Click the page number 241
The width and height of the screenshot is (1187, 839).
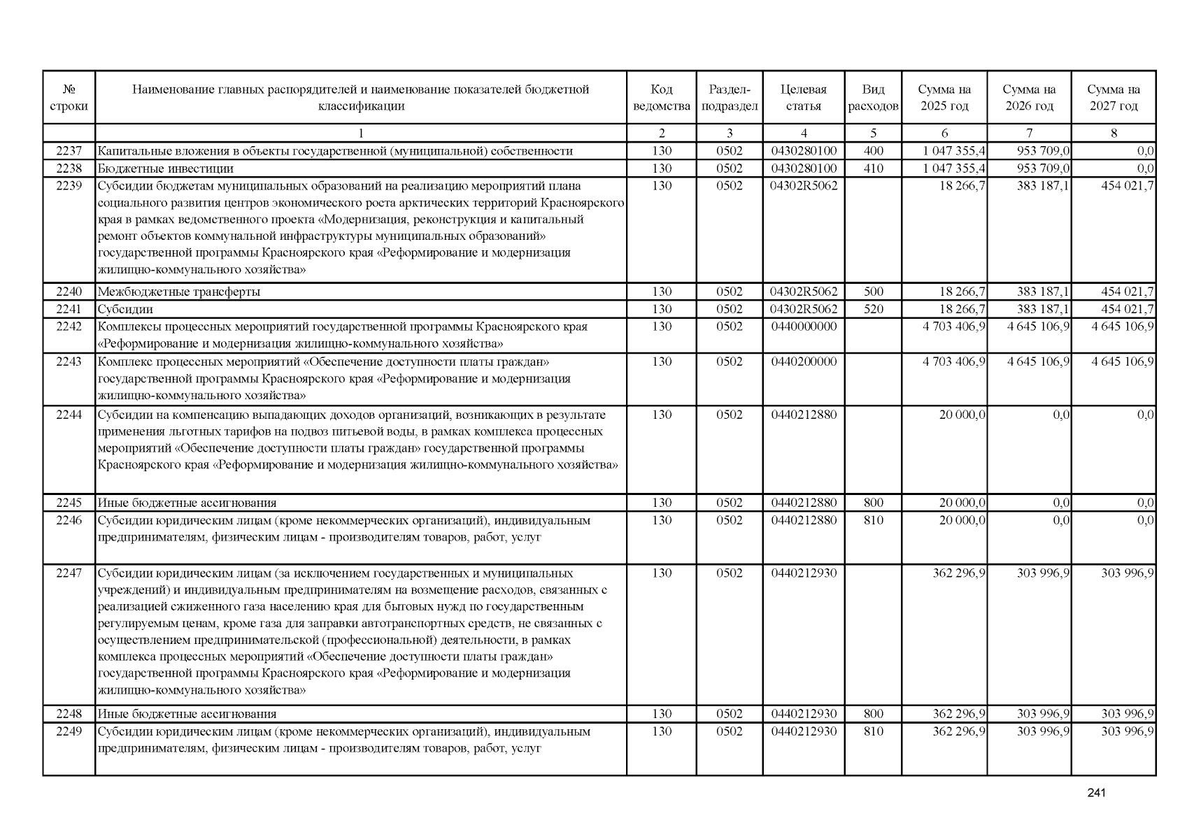click(x=1096, y=793)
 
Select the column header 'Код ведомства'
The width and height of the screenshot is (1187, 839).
click(x=661, y=98)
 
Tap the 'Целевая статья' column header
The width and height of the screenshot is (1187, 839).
click(x=803, y=98)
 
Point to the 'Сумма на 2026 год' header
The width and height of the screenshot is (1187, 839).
click(x=1029, y=98)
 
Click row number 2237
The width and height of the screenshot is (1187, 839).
click(x=69, y=151)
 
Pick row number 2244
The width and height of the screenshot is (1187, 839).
click(x=69, y=415)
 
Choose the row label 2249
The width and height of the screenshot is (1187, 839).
click(x=69, y=731)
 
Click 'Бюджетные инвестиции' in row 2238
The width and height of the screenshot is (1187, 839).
click(x=166, y=168)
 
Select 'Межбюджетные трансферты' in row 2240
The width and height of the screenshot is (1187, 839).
click(x=178, y=292)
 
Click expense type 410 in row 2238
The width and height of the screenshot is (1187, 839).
click(x=873, y=168)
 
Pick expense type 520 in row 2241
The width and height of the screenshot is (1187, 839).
click(x=873, y=309)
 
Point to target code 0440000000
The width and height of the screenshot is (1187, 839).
click(x=804, y=327)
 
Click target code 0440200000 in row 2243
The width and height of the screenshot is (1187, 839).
click(x=804, y=361)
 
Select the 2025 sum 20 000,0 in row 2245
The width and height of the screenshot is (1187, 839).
click(x=962, y=503)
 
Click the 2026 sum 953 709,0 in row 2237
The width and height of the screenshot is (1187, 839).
click(x=1043, y=151)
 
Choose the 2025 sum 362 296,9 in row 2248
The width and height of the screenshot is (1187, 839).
click(x=960, y=714)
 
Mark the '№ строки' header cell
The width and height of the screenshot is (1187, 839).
click(x=69, y=98)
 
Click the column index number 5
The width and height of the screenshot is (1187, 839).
click(x=873, y=134)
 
